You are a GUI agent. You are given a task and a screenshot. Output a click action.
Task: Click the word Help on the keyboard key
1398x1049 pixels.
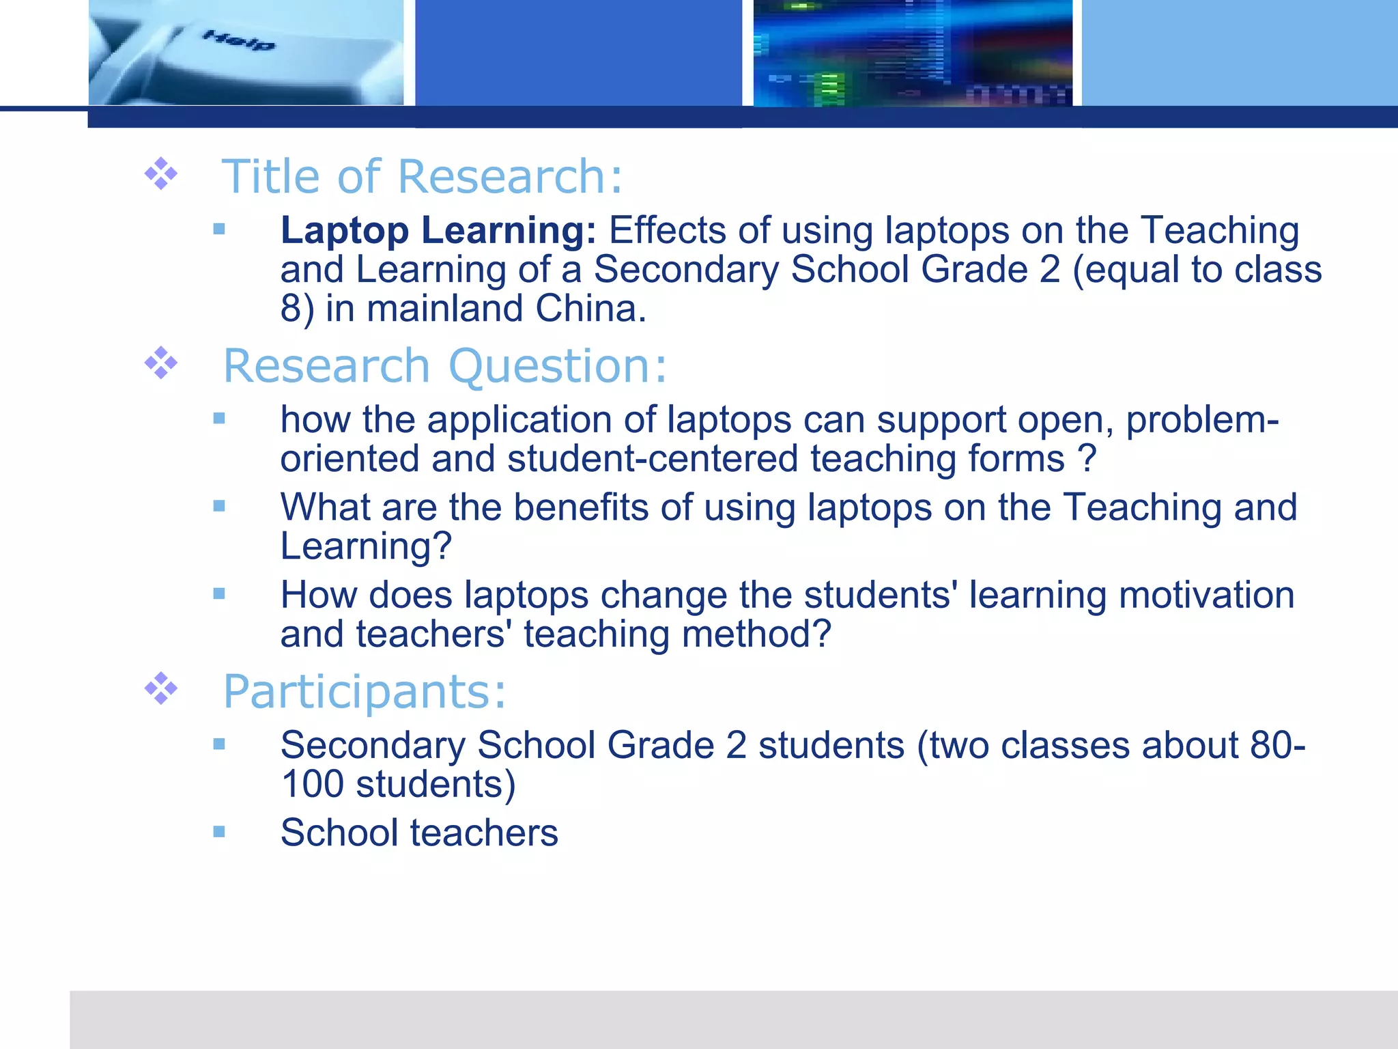pos(239,41)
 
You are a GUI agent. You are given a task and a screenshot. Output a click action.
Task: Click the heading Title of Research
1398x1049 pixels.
pos(422,176)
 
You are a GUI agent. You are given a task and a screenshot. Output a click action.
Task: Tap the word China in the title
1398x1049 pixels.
pos(590,309)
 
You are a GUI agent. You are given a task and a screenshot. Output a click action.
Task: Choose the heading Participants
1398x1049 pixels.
pos(365,692)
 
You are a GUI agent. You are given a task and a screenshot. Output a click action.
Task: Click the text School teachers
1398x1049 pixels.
pos(419,833)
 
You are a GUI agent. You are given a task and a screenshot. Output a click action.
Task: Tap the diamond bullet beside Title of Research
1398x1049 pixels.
pos(161,173)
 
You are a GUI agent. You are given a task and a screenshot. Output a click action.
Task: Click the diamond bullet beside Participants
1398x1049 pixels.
pos(161,689)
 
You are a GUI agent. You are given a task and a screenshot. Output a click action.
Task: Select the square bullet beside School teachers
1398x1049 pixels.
pos(219,832)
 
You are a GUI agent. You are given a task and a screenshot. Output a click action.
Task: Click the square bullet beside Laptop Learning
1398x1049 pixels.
pos(219,229)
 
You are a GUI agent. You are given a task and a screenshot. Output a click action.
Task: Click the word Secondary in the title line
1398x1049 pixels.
pos(686,270)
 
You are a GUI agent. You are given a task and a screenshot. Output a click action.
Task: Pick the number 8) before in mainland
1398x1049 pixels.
pos(298,309)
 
